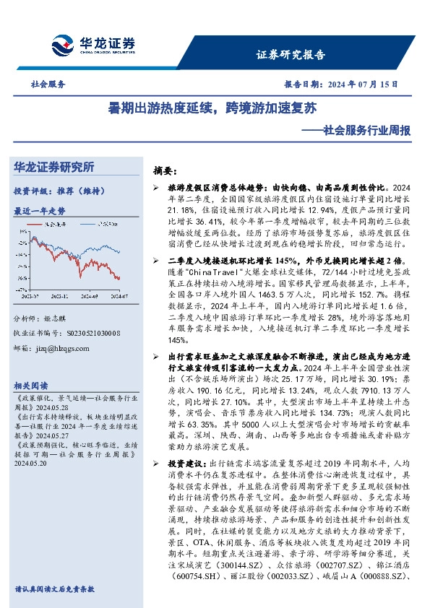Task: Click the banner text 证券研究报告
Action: [291, 54]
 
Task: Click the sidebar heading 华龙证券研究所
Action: [54, 167]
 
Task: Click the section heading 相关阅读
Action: [32, 385]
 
